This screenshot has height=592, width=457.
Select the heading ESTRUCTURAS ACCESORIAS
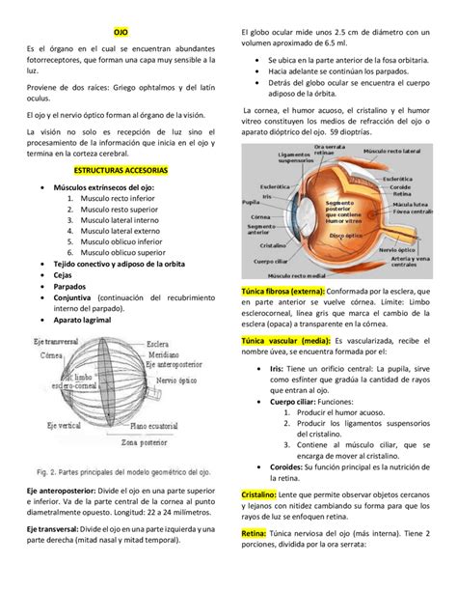[121, 168]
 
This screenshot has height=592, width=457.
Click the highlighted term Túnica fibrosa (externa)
[284, 291]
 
